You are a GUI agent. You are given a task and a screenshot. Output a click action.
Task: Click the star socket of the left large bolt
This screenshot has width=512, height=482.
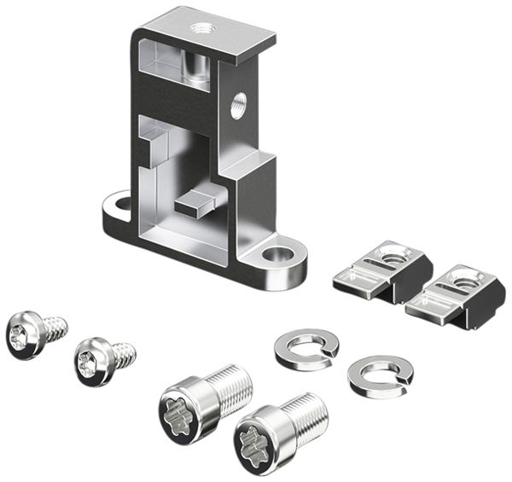pyautogui.click(x=180, y=415)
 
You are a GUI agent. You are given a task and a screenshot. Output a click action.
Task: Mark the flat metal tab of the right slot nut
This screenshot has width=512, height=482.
pyautogui.click(x=428, y=305)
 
